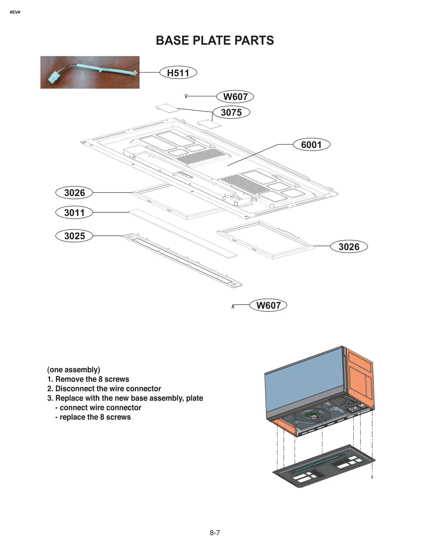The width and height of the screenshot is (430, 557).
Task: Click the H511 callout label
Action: [178, 73]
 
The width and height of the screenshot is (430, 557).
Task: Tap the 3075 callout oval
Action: [231, 112]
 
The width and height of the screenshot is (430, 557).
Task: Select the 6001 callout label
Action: [311, 144]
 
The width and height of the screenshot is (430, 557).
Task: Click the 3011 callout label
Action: [74, 212]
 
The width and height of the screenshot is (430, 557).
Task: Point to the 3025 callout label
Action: [74, 236]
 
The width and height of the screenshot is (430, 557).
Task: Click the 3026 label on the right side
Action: [349, 247]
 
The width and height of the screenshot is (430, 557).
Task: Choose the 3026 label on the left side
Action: [74, 193]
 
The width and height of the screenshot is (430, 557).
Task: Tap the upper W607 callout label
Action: [235, 96]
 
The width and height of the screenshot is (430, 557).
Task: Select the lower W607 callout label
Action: [268, 305]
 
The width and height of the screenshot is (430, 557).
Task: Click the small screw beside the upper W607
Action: [186, 96]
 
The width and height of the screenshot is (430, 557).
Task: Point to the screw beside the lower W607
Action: [233, 306]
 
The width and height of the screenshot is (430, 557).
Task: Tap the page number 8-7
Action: [215, 533]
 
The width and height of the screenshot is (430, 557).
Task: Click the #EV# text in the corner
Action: [15, 12]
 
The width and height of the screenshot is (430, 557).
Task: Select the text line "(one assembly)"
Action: [74, 370]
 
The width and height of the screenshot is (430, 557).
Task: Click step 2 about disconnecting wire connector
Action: [104, 388]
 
